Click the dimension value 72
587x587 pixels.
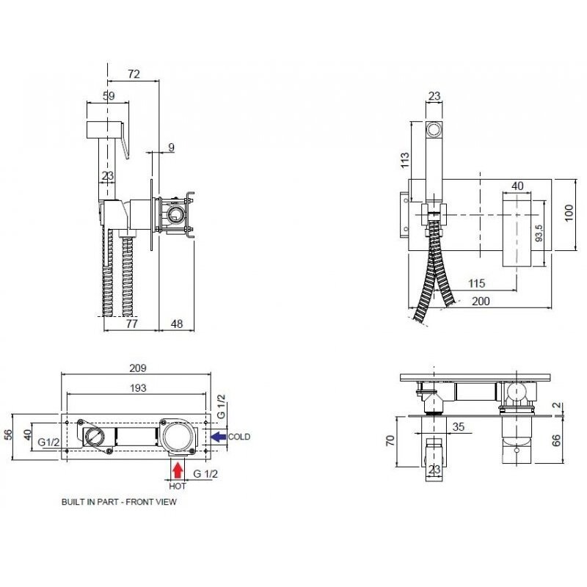coord(134,74)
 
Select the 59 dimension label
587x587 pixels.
coord(109,96)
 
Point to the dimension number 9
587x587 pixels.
coord(171,147)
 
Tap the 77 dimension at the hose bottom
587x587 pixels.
coord(132,324)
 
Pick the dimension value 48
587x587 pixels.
coord(177,324)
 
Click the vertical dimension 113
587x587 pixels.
coord(405,160)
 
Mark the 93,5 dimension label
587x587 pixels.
coord(539,233)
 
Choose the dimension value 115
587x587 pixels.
coord(476,283)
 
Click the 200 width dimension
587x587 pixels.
coord(481,301)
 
